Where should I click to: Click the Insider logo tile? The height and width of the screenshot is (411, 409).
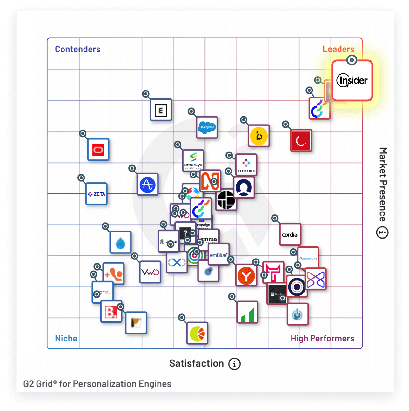pyautogui.click(x=352, y=81)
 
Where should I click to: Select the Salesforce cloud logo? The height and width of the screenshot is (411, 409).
pyautogui.click(x=207, y=127)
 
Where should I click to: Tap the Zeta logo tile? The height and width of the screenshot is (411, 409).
pyautogui.click(x=97, y=194)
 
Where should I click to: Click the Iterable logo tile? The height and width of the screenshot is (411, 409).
pyautogui.click(x=246, y=165)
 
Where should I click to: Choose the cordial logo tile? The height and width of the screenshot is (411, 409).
pyautogui.click(x=290, y=235)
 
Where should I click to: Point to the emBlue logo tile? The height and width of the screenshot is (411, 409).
pyautogui.click(x=219, y=254)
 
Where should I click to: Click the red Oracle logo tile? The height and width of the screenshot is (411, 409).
pyautogui.click(x=98, y=150)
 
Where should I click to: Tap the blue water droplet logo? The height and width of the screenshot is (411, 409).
pyautogui.click(x=121, y=243)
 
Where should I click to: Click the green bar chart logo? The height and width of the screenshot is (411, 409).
pyautogui.click(x=247, y=312)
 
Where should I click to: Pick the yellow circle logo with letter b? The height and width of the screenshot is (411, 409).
pyautogui.click(x=259, y=136)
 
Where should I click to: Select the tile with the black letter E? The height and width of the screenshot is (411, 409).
pyautogui.click(x=161, y=110)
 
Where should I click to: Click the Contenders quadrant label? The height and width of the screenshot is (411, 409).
pyautogui.click(x=77, y=49)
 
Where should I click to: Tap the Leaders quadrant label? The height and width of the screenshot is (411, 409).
pyautogui.click(x=338, y=49)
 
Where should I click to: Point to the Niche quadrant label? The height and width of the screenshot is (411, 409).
pyautogui.click(x=66, y=338)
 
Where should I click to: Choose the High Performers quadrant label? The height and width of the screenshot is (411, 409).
pyautogui.click(x=322, y=338)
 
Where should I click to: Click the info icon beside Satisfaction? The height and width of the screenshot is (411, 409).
pyautogui.click(x=235, y=364)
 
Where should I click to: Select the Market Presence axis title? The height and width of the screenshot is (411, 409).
pyautogui.click(x=383, y=184)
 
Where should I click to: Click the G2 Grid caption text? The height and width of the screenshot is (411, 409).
pyautogui.click(x=97, y=384)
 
